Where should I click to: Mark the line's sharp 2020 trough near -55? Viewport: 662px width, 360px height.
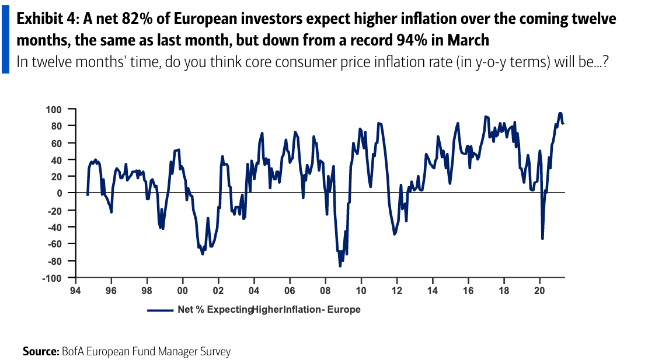542,239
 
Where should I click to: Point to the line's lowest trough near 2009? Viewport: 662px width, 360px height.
340,266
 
